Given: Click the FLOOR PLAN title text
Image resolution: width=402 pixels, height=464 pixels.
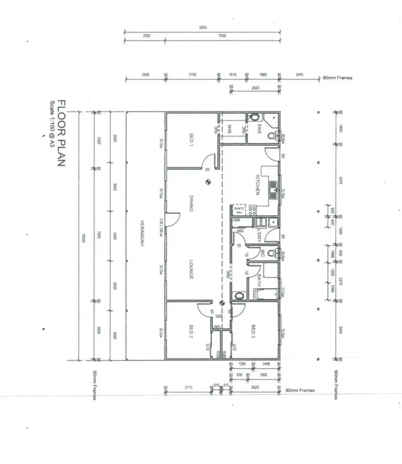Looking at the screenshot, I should (62, 133).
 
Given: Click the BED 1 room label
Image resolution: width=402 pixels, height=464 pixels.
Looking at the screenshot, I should (191, 139).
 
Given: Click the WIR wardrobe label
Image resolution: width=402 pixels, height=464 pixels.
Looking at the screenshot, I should (229, 129).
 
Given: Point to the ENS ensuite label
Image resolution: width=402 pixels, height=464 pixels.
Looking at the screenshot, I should (259, 129).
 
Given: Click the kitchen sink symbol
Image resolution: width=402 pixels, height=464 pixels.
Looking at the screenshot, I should (272, 186).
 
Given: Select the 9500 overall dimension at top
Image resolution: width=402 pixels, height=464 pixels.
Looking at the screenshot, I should (203, 27).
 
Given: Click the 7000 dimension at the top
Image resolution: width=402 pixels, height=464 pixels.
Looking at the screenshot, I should (222, 36).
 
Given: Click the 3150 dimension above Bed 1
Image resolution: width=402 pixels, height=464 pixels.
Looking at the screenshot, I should (192, 75).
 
